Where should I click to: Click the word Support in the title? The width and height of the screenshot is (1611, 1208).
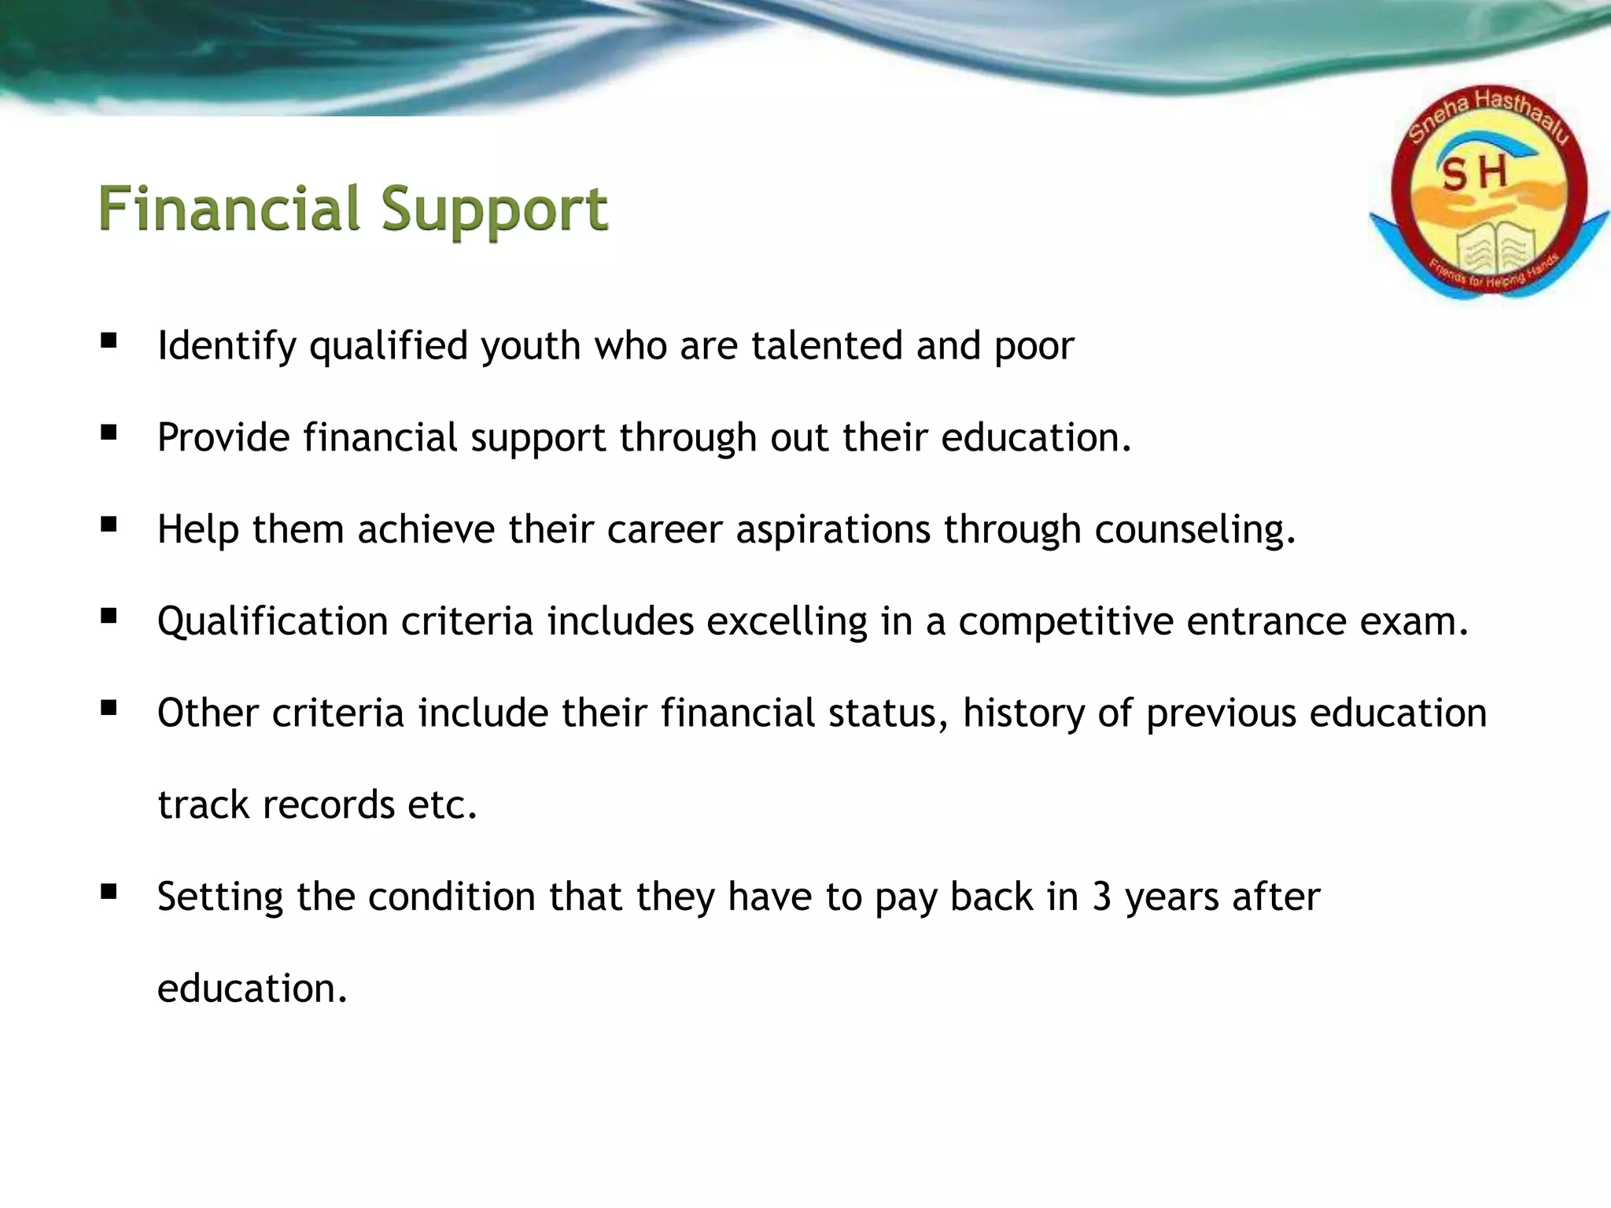point(495,211)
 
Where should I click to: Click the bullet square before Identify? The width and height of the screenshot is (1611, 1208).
point(109,341)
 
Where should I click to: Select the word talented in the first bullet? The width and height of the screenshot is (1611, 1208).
point(827,346)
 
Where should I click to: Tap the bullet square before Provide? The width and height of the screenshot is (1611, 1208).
point(109,433)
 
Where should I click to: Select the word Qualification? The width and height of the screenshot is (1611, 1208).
point(272,621)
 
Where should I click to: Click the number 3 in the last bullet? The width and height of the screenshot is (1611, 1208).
point(1101,897)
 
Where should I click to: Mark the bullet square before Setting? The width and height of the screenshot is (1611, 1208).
point(109,892)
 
